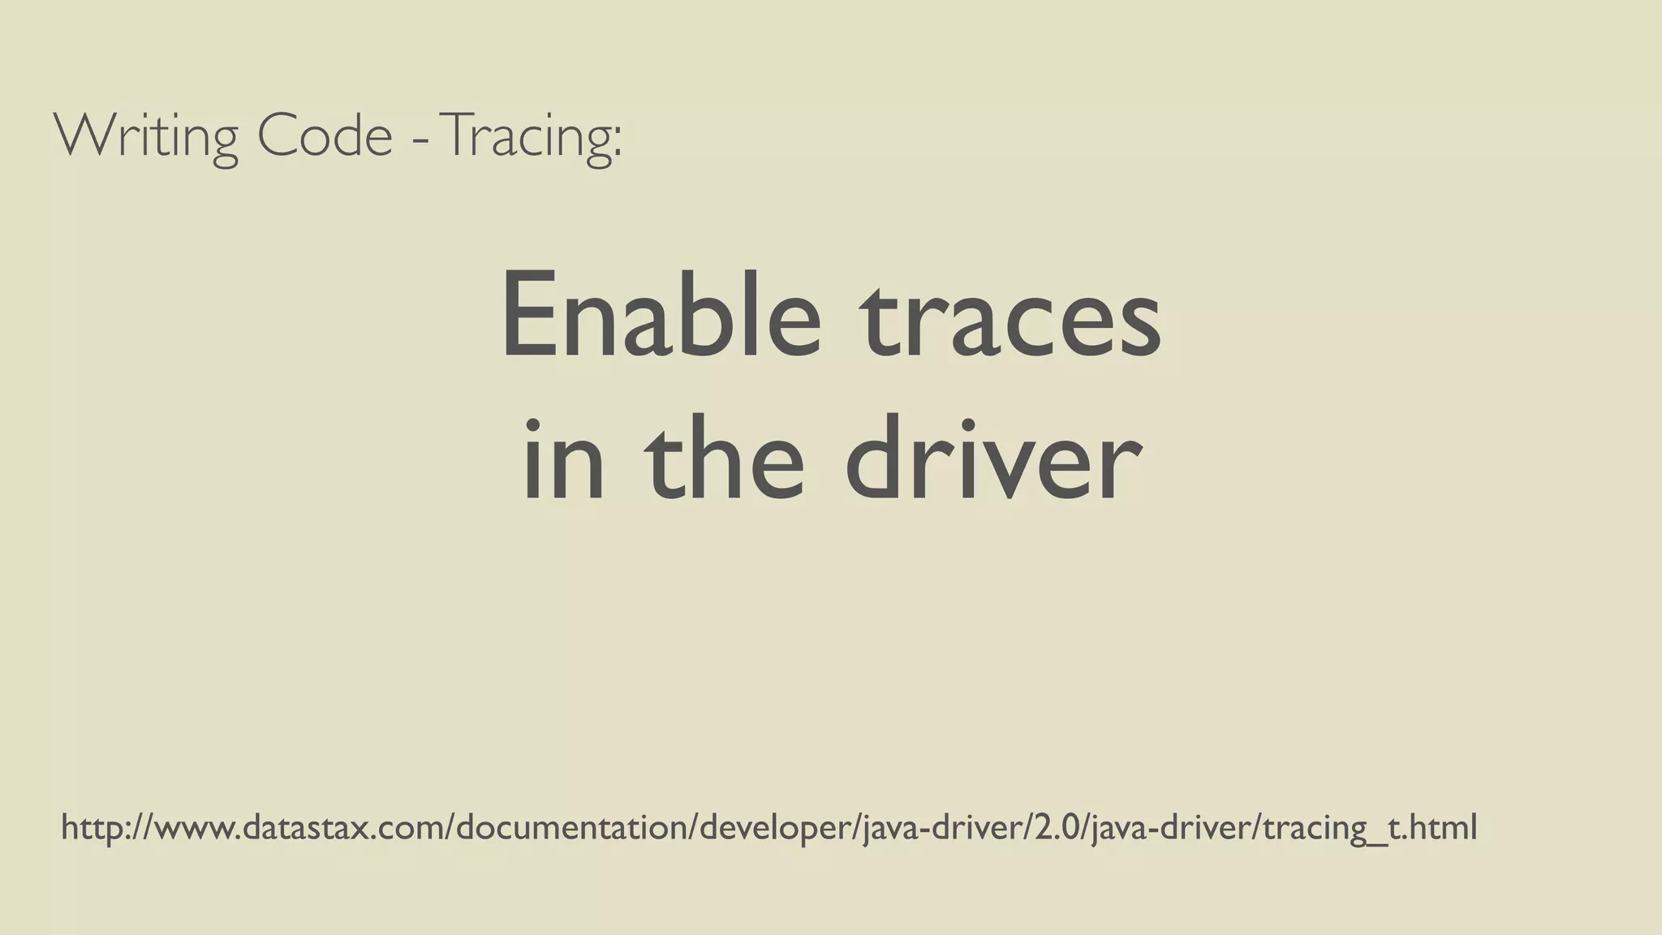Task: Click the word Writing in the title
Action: pyautogui.click(x=146, y=136)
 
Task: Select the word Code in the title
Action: pyautogui.click(x=325, y=136)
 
